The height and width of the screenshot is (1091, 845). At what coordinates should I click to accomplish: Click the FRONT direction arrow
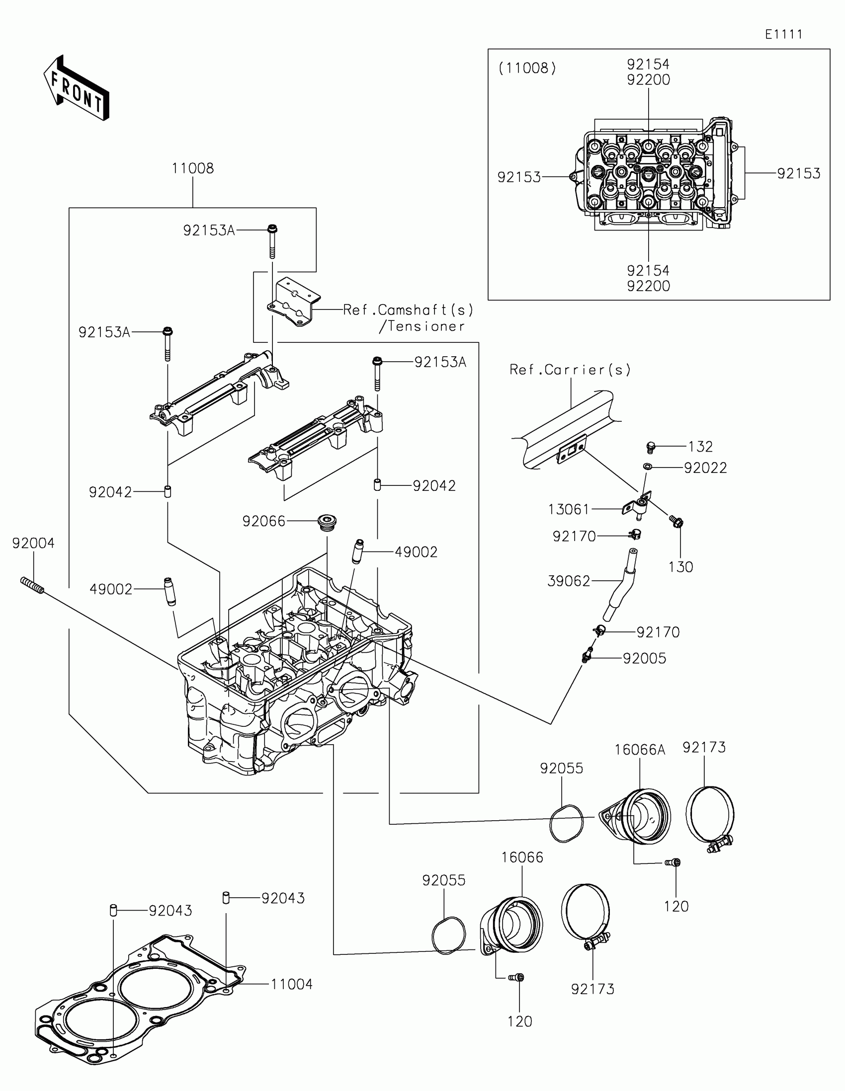(x=77, y=88)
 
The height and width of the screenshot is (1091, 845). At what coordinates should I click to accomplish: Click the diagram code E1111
(x=783, y=34)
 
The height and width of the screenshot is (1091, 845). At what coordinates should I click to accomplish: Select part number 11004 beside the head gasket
(x=291, y=984)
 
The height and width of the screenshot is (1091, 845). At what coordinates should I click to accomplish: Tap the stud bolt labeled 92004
(x=32, y=585)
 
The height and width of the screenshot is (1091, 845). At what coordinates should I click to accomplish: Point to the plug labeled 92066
(x=327, y=523)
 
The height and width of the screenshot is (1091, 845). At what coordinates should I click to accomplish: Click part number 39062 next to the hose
(x=569, y=581)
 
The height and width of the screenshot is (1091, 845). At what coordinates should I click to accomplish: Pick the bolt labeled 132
(x=650, y=447)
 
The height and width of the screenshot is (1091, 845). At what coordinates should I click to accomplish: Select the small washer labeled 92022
(x=648, y=467)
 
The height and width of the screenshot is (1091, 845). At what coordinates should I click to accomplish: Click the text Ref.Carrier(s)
(x=570, y=370)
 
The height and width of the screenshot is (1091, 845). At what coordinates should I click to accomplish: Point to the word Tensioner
(x=426, y=327)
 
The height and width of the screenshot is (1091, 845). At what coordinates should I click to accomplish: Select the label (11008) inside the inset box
(x=527, y=68)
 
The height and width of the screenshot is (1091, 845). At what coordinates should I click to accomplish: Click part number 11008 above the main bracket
(x=192, y=168)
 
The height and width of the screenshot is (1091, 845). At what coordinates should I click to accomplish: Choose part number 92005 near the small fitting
(x=644, y=658)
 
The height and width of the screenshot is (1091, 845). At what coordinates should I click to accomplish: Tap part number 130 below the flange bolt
(x=680, y=567)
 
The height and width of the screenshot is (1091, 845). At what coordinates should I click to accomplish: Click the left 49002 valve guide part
(x=170, y=592)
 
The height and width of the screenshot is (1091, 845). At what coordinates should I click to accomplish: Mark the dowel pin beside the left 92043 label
(x=113, y=911)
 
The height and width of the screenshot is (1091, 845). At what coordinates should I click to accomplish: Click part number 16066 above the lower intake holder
(x=522, y=857)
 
